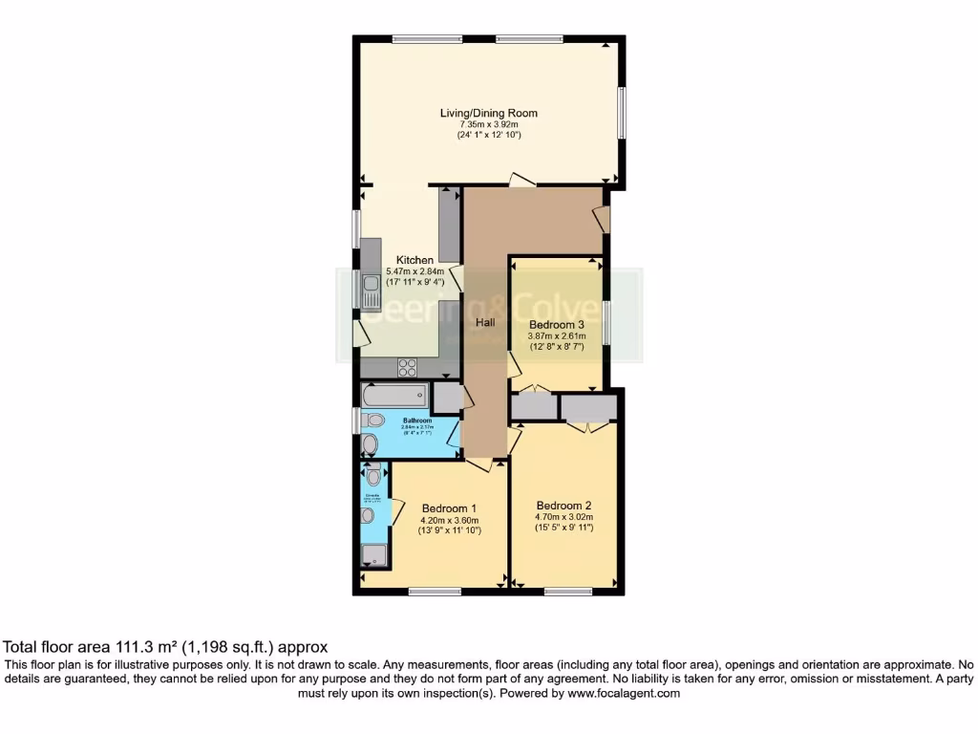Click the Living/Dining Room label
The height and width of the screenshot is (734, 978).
click(x=488, y=113)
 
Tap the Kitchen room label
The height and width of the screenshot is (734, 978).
click(x=415, y=260)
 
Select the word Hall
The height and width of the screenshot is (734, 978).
click(x=485, y=323)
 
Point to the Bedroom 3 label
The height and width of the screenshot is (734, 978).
click(x=557, y=324)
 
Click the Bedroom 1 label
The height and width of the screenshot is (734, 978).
click(x=448, y=507)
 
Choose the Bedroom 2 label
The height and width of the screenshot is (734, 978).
click(x=563, y=506)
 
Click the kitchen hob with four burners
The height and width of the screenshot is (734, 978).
click(x=407, y=367)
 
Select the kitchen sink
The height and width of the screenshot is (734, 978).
click(x=370, y=288)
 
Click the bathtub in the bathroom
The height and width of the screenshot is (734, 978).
click(x=395, y=396)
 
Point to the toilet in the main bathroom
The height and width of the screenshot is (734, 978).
click(x=373, y=420)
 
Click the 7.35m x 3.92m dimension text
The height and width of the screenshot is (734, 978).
click(x=488, y=124)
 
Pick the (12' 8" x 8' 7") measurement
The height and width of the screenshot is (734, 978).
click(x=557, y=346)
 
